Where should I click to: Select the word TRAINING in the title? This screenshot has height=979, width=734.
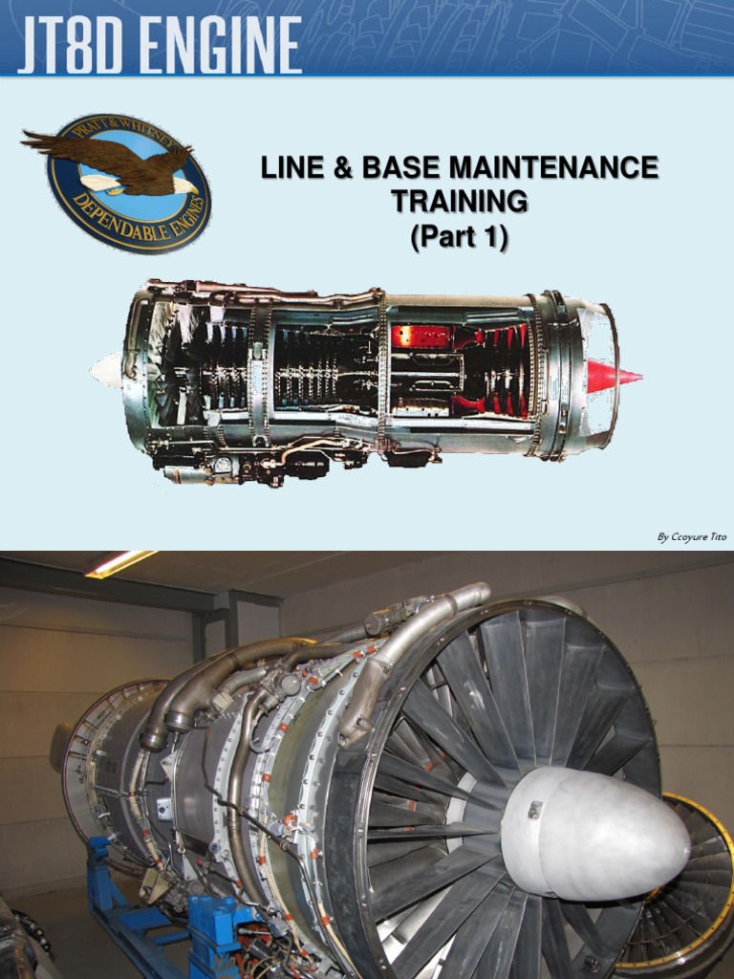(x=459, y=202)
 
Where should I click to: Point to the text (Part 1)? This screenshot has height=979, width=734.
(x=459, y=236)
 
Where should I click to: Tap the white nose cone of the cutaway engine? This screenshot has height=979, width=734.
(x=106, y=369)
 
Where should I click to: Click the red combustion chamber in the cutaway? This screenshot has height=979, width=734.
(x=421, y=337)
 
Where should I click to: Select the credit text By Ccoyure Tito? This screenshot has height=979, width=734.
(x=691, y=537)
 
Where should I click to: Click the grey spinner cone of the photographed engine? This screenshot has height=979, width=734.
(x=593, y=832)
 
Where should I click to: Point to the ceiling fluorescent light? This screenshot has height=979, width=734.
(x=120, y=563)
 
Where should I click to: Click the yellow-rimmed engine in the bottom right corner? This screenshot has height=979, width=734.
(x=683, y=880)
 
